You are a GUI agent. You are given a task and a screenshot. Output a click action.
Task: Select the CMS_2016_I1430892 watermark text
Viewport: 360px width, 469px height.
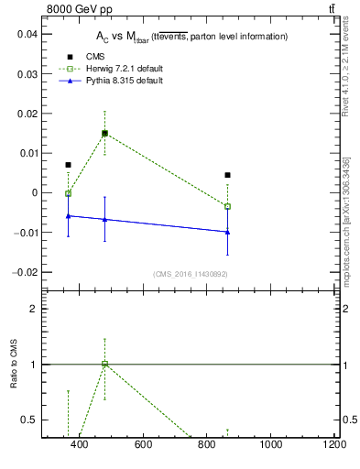[x=190, y=274]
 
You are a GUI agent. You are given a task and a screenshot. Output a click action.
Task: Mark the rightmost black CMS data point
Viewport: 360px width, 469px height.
[x=227, y=175]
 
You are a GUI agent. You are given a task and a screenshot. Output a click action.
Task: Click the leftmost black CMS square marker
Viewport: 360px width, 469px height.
[x=68, y=165]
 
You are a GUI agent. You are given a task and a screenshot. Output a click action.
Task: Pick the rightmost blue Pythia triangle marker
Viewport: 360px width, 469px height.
[x=227, y=232]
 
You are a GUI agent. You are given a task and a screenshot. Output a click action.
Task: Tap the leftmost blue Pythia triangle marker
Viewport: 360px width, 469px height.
[x=68, y=215]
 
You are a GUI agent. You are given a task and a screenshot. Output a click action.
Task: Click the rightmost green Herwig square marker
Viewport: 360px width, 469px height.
[x=227, y=206]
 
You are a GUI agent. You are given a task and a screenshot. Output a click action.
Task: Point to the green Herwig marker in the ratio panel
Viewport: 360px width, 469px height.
[x=104, y=364]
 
